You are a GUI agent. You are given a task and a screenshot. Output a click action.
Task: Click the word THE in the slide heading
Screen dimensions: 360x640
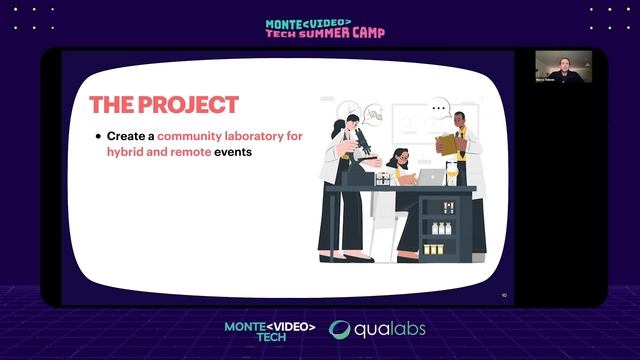click(x=111, y=104)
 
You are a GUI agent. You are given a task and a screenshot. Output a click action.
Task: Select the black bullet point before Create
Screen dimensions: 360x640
click(x=98, y=135)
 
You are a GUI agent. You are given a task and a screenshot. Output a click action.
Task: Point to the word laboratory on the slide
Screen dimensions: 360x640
click(x=271, y=135)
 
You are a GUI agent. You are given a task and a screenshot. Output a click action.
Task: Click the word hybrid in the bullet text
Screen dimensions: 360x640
click(x=126, y=153)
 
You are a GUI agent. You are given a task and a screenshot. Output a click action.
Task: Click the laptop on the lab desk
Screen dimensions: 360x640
click(x=431, y=177)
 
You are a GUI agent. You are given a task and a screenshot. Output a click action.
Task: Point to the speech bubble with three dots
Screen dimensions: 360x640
click(x=438, y=107)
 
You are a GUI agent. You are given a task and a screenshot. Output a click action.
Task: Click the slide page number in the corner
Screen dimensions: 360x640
click(x=504, y=295)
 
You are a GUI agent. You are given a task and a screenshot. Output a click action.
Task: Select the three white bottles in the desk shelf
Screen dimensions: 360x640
click(x=441, y=228)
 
